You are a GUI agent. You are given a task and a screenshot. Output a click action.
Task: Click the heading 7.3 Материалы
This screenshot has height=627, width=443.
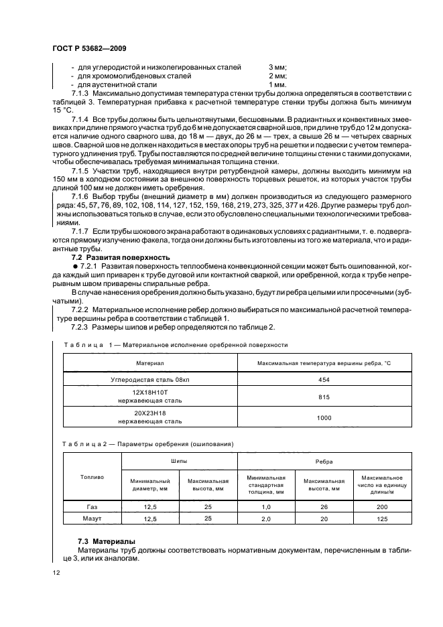coord(103,540)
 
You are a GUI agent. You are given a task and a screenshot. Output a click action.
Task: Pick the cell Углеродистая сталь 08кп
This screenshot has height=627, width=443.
coord(150,378)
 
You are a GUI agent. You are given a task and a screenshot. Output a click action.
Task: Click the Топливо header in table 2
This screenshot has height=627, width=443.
coord(92,477)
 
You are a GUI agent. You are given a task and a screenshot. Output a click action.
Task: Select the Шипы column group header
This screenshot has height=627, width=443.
coord(180,462)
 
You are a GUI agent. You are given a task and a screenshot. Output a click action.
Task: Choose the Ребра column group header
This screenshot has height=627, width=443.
coord(324,462)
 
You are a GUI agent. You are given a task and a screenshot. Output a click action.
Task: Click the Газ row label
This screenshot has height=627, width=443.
coord(92,508)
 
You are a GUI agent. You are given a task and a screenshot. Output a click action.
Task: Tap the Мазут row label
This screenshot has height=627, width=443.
coord(92,519)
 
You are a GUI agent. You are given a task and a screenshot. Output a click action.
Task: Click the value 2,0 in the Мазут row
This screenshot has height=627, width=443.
coord(265,519)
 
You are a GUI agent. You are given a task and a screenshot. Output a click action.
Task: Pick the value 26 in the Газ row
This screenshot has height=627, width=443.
coord(324,508)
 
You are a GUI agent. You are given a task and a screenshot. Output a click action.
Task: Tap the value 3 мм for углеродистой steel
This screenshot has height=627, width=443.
coord(277,68)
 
